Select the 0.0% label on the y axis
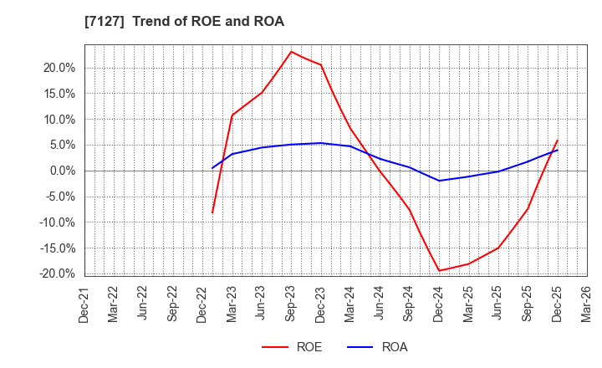click(x=62, y=171)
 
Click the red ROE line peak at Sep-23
click(x=291, y=52)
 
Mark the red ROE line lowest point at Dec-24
click(x=439, y=270)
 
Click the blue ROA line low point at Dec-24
click(x=439, y=181)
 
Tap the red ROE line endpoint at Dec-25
click(x=557, y=141)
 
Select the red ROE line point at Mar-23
click(x=232, y=115)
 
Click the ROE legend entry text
click(x=309, y=347)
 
